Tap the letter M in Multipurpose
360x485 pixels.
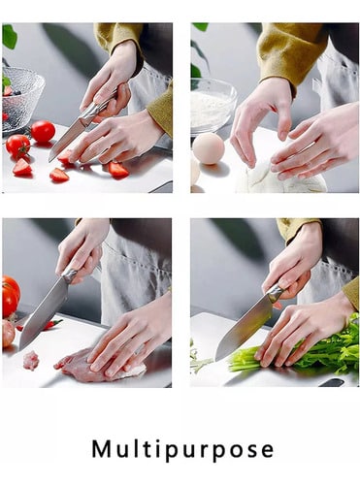(x=101, y=448)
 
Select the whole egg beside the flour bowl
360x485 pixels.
(x=208, y=148)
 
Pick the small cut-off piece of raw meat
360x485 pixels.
(x=31, y=360)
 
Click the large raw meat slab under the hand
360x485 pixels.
(x=100, y=367)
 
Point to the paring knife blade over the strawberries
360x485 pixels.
(x=66, y=141)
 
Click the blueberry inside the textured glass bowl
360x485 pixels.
(x=16, y=93)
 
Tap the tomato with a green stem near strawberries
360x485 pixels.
(x=18, y=146)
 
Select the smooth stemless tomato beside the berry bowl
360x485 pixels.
(x=43, y=131)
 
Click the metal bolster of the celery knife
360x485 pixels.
(x=275, y=294)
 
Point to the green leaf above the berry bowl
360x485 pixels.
(x=10, y=37)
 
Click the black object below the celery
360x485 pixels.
(x=331, y=383)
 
